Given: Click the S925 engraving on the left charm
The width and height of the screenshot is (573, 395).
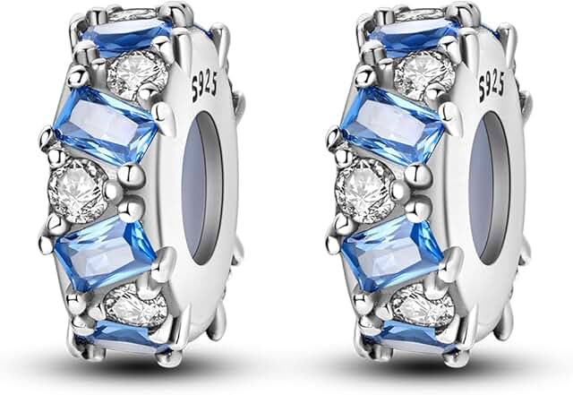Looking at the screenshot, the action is tap(205, 86).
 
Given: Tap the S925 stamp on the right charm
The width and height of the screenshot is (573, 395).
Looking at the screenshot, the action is tap(492, 86).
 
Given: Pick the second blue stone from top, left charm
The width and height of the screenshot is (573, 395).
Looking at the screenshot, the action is tap(106, 125).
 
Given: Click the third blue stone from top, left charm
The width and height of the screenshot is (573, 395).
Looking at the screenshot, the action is tap(106, 253).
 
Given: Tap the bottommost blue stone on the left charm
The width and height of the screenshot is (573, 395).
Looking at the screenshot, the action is tap(123, 338).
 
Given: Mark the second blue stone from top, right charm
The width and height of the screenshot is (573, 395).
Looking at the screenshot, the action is tap(393, 125).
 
